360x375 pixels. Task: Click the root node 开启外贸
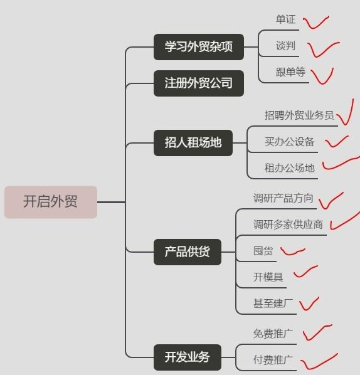pyautogui.click(x=51, y=202)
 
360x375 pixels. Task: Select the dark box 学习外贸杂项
pyautogui.click(x=199, y=47)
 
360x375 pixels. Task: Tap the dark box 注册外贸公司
pyautogui.click(x=199, y=83)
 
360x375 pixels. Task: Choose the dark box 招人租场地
pyautogui.click(x=193, y=143)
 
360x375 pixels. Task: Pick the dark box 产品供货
pyautogui.click(x=188, y=252)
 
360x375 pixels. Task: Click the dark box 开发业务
pyautogui.click(x=188, y=357)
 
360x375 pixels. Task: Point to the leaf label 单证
pyautogui.click(x=285, y=19)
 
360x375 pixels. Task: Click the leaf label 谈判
pyautogui.click(x=285, y=45)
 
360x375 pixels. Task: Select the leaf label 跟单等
pyautogui.click(x=290, y=71)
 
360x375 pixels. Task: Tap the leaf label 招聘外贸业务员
pyautogui.click(x=299, y=115)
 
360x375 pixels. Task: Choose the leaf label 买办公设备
pyautogui.click(x=289, y=141)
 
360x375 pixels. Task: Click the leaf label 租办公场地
pyautogui.click(x=289, y=167)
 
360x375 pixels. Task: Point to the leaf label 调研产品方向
pyautogui.click(x=283, y=198)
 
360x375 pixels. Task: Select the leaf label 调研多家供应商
pyautogui.click(x=288, y=224)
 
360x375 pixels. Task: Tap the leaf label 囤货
pyautogui.click(x=263, y=251)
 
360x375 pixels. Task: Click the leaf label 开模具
pyautogui.click(x=268, y=277)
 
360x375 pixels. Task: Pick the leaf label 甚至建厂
pyautogui.click(x=273, y=304)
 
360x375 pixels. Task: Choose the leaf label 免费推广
pyautogui.click(x=273, y=334)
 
